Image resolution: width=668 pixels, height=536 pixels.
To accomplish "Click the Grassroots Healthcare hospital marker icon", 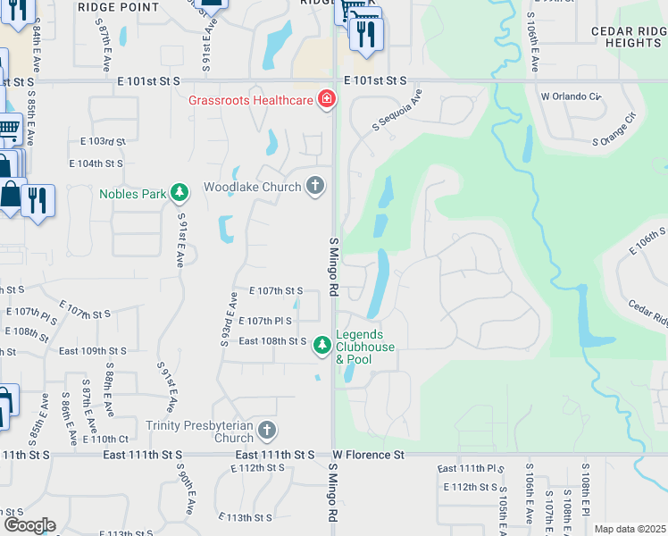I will (327, 99).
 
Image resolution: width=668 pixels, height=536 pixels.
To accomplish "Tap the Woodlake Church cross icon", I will (314, 186).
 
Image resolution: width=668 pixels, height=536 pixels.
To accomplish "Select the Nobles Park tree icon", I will (180, 192).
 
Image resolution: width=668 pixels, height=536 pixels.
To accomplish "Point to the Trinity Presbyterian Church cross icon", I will (266, 431).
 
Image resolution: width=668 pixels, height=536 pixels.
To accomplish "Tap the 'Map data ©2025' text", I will (630, 529).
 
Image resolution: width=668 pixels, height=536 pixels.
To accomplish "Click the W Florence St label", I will (369, 455).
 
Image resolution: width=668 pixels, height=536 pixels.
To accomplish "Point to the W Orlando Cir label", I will (570, 96).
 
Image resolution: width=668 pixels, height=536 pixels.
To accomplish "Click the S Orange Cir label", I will (618, 130).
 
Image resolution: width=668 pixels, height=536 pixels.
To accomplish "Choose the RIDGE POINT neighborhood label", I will (118, 7).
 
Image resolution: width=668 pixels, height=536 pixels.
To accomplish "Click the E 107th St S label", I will (276, 291).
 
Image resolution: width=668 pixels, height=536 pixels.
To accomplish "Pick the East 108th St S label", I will (271, 341).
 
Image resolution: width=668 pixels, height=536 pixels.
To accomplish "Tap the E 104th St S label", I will (96, 164).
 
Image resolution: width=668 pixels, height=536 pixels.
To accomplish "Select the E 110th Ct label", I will (105, 439).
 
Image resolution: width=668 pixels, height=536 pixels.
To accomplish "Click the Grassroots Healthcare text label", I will (250, 99).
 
